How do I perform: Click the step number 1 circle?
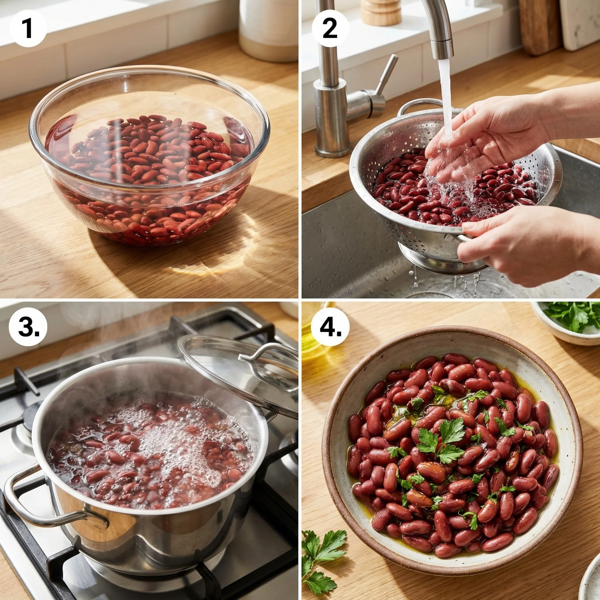[x=28, y=28]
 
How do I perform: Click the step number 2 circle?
[x=330, y=28]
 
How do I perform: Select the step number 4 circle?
[x=330, y=327]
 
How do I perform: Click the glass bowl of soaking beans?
[x=149, y=155]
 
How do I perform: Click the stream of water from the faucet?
[x=446, y=93]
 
